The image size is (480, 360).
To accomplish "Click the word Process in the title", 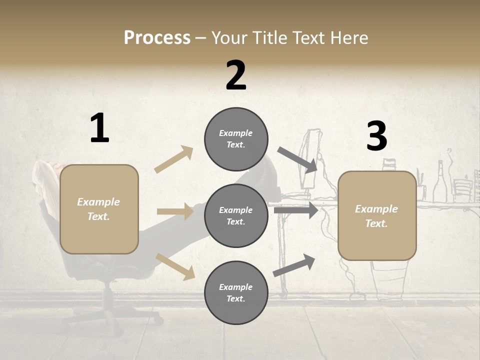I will point(157,38).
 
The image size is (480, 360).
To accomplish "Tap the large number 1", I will point(99,128).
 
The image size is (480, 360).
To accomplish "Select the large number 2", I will point(236,75).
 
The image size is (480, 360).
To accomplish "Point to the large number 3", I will point(376,136).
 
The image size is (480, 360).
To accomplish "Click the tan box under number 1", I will point(99,209).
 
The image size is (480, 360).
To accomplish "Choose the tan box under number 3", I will point(377,215).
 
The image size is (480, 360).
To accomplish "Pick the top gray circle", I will point(236,139).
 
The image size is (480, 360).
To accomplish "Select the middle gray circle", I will point(236,215).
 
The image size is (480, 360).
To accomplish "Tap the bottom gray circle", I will point(236,292).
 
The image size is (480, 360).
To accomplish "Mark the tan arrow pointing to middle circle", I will point(175,211).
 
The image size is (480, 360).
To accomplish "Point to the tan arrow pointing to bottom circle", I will point(175,266).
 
